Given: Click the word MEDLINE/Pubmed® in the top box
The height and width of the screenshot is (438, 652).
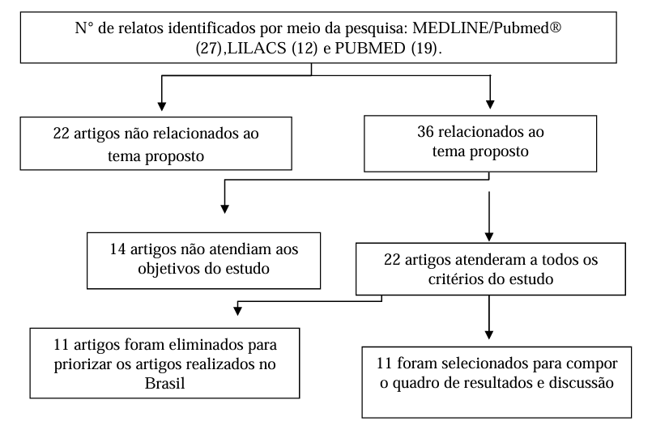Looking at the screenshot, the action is point(487,28).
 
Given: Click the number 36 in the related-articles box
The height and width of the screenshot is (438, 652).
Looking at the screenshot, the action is point(426,132).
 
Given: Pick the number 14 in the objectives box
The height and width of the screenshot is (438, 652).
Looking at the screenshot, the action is point(117,249).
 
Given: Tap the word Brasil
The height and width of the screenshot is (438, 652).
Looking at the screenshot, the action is point(164,383).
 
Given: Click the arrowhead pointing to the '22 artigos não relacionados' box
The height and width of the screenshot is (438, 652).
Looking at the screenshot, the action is point(162,106).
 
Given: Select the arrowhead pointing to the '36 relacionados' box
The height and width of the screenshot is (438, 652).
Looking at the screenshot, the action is point(490,104).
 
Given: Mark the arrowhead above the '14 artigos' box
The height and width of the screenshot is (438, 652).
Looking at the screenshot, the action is point(224,209).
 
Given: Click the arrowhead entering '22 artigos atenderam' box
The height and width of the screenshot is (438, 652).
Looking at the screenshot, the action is point(489,237).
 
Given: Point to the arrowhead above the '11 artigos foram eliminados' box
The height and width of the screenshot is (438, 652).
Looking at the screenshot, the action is point(237,311).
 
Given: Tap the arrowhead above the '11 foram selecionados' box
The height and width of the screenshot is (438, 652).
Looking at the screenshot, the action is point(489,334).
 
